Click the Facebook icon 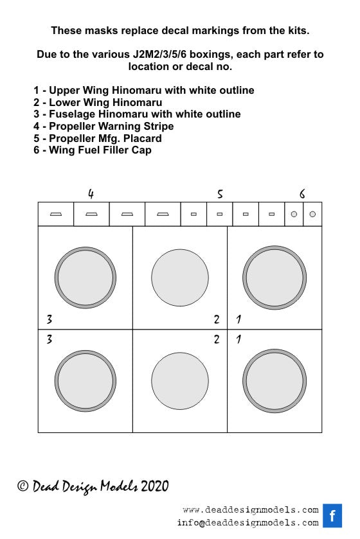[x=332, y=515]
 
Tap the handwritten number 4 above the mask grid [x=91, y=194]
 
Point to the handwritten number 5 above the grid [x=220, y=194]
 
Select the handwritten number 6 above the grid [x=302, y=194]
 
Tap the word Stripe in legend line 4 [x=159, y=127]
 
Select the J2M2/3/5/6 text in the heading [x=159, y=55]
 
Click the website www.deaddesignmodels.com [x=251, y=510]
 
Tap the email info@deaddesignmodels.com [x=248, y=523]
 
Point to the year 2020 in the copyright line [x=155, y=486]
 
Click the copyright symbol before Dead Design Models [x=22, y=486]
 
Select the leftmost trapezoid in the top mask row [x=56, y=214]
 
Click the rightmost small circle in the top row [x=312, y=214]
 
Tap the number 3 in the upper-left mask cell [x=50, y=319]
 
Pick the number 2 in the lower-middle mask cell [x=217, y=339]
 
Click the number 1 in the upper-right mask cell [x=239, y=319]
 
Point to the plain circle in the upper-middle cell [x=180, y=278]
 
